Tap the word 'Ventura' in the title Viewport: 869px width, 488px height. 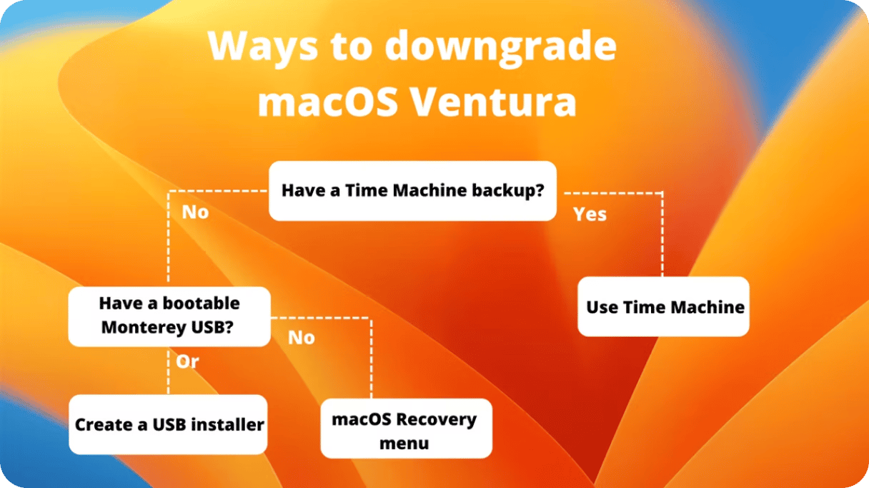tap(494, 102)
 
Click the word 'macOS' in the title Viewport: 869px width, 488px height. tap(328, 102)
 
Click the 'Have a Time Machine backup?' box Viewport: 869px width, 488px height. tap(413, 191)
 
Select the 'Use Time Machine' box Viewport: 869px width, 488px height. tap(663, 306)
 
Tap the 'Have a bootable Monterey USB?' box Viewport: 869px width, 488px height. tap(169, 316)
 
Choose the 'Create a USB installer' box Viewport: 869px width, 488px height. tap(168, 424)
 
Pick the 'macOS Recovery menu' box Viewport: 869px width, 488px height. tap(406, 428)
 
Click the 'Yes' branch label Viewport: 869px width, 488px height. tap(590, 214)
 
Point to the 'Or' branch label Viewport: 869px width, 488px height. tap(187, 362)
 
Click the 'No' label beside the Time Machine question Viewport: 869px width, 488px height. tap(195, 212)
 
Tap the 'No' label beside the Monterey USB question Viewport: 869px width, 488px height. tap(302, 338)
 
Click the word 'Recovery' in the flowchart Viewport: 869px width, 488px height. tap(436, 420)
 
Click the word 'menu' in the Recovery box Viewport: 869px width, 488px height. tap(404, 444)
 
